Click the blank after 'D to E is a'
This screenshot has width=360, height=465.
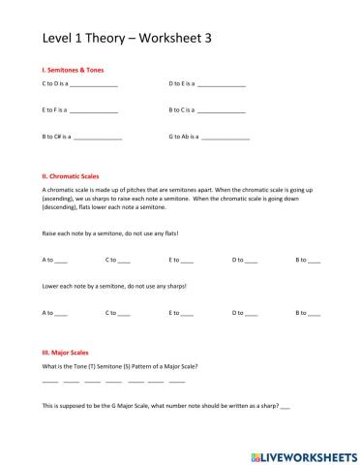click(223, 86)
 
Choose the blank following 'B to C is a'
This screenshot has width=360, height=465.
click(222, 112)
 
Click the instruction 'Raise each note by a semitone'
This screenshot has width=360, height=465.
click(110, 234)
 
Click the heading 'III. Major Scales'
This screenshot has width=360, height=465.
click(70, 353)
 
